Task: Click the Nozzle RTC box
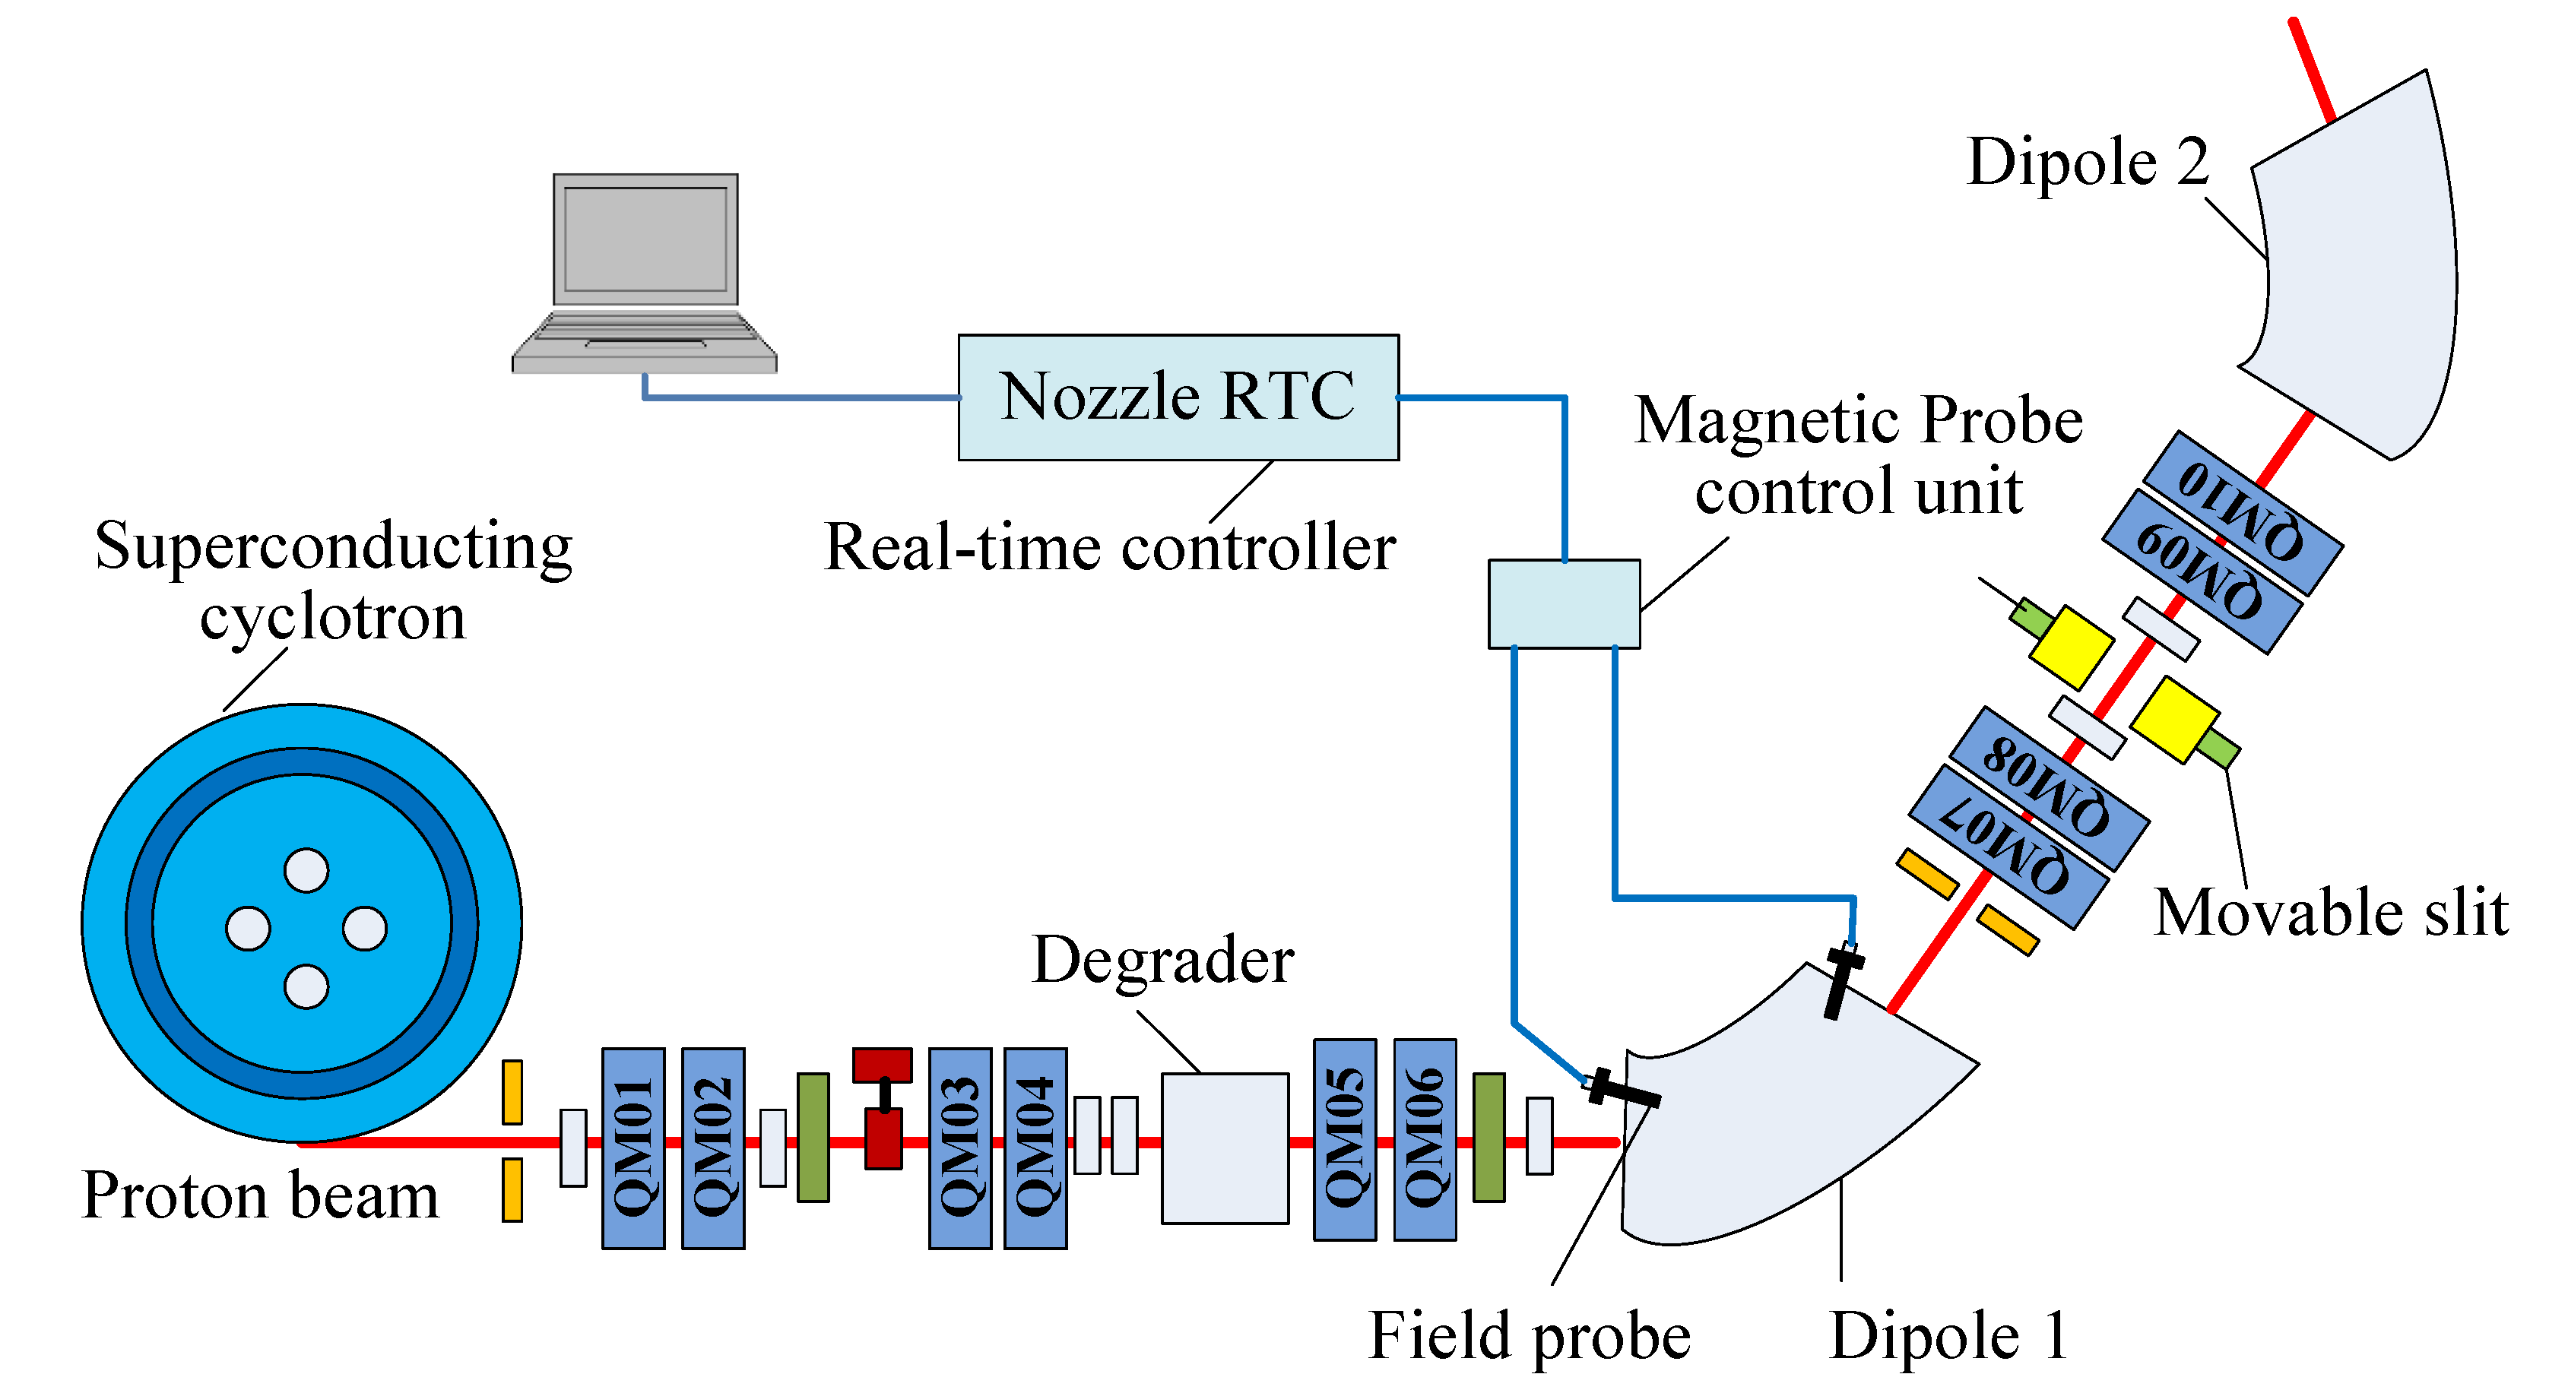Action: [x=1178, y=397]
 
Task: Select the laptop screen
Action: [x=645, y=239]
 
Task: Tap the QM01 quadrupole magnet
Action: [x=633, y=1148]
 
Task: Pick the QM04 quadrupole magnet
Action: [x=1035, y=1148]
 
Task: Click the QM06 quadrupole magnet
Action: [x=1425, y=1140]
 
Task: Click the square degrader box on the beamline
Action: [x=1224, y=1148]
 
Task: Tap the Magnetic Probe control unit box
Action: [x=1564, y=603]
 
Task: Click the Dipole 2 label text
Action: [x=2088, y=163]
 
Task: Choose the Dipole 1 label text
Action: [x=1948, y=1335]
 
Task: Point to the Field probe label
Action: [x=1529, y=1335]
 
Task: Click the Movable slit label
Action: [x=2330, y=912]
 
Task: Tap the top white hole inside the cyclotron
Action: [x=306, y=871]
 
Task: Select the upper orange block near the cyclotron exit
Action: [x=512, y=1092]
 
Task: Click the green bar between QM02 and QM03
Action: [x=813, y=1137]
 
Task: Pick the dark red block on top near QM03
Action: [x=882, y=1065]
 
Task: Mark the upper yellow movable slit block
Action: [x=2070, y=648]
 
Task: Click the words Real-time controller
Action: [x=1109, y=547]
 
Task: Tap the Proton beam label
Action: [x=259, y=1195]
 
